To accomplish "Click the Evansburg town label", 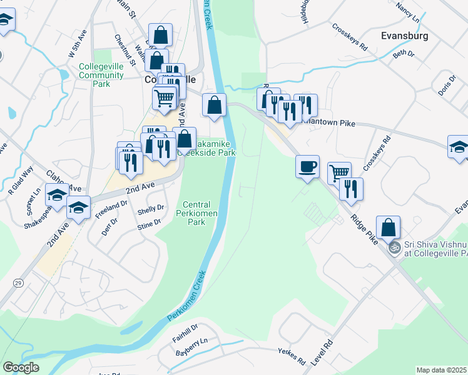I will [x=404, y=36].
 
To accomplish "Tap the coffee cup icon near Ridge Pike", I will [x=308, y=167].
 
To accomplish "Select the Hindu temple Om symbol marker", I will [x=394, y=247].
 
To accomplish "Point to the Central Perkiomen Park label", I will [x=196, y=213].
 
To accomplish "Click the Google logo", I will [x=21, y=367].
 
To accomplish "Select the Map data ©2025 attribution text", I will [x=442, y=370].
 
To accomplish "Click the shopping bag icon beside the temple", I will [x=388, y=227].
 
